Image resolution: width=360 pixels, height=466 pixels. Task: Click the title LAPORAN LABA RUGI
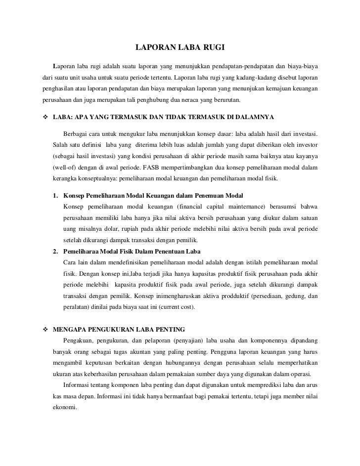pyautogui.click(x=180, y=48)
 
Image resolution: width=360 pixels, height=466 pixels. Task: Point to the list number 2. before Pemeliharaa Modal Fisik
pyautogui.click(x=56, y=252)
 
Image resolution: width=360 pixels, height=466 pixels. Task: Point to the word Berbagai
pyautogui.click(x=77, y=134)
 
